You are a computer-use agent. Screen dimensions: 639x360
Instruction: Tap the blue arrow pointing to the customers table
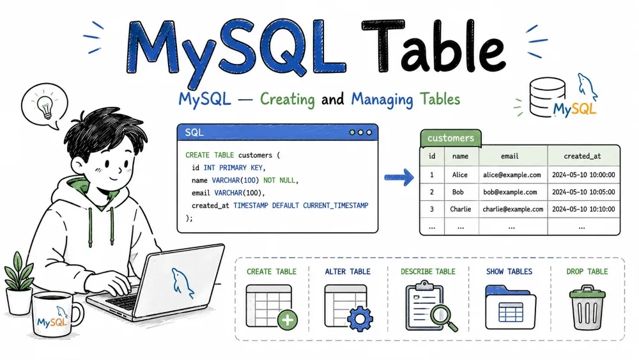coord(399,177)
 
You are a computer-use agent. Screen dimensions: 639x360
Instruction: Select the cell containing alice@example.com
coord(512,175)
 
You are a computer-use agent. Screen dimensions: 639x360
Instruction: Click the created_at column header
coord(582,156)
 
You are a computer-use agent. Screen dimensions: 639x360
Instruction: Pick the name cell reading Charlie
coord(461,209)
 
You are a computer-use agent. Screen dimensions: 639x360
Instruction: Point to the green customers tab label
coord(450,138)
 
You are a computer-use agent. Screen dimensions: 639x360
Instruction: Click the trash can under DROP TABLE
coord(587,308)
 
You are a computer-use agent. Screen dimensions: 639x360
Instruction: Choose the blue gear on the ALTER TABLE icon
coord(360,318)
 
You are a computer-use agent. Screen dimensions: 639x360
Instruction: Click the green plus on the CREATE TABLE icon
coord(288,320)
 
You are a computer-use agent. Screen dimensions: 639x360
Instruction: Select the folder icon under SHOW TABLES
coord(510,307)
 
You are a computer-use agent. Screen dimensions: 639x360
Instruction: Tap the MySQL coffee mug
coord(56,315)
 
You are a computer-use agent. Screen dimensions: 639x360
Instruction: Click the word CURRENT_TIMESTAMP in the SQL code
coord(335,205)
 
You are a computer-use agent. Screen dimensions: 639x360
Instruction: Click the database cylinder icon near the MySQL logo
coord(547,97)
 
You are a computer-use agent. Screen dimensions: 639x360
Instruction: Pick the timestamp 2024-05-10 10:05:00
coord(583,192)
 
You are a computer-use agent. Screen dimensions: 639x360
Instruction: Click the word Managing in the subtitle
coord(382,100)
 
